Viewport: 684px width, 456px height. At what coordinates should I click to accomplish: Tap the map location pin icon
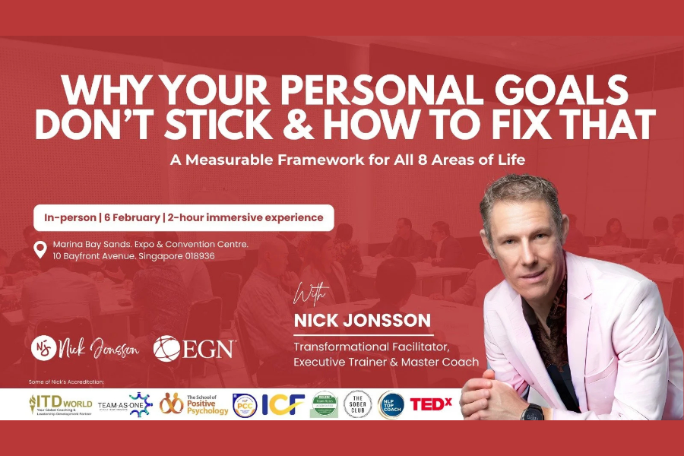click(41, 249)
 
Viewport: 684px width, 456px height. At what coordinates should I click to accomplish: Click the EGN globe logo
click(166, 349)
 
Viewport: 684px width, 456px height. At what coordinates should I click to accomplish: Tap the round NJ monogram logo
click(45, 349)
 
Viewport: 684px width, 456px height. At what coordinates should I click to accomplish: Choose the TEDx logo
click(431, 404)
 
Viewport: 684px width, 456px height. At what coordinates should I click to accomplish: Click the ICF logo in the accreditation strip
click(283, 404)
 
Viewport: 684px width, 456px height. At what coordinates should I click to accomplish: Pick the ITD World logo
click(61, 404)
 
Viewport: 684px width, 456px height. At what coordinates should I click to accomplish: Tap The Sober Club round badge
click(356, 404)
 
